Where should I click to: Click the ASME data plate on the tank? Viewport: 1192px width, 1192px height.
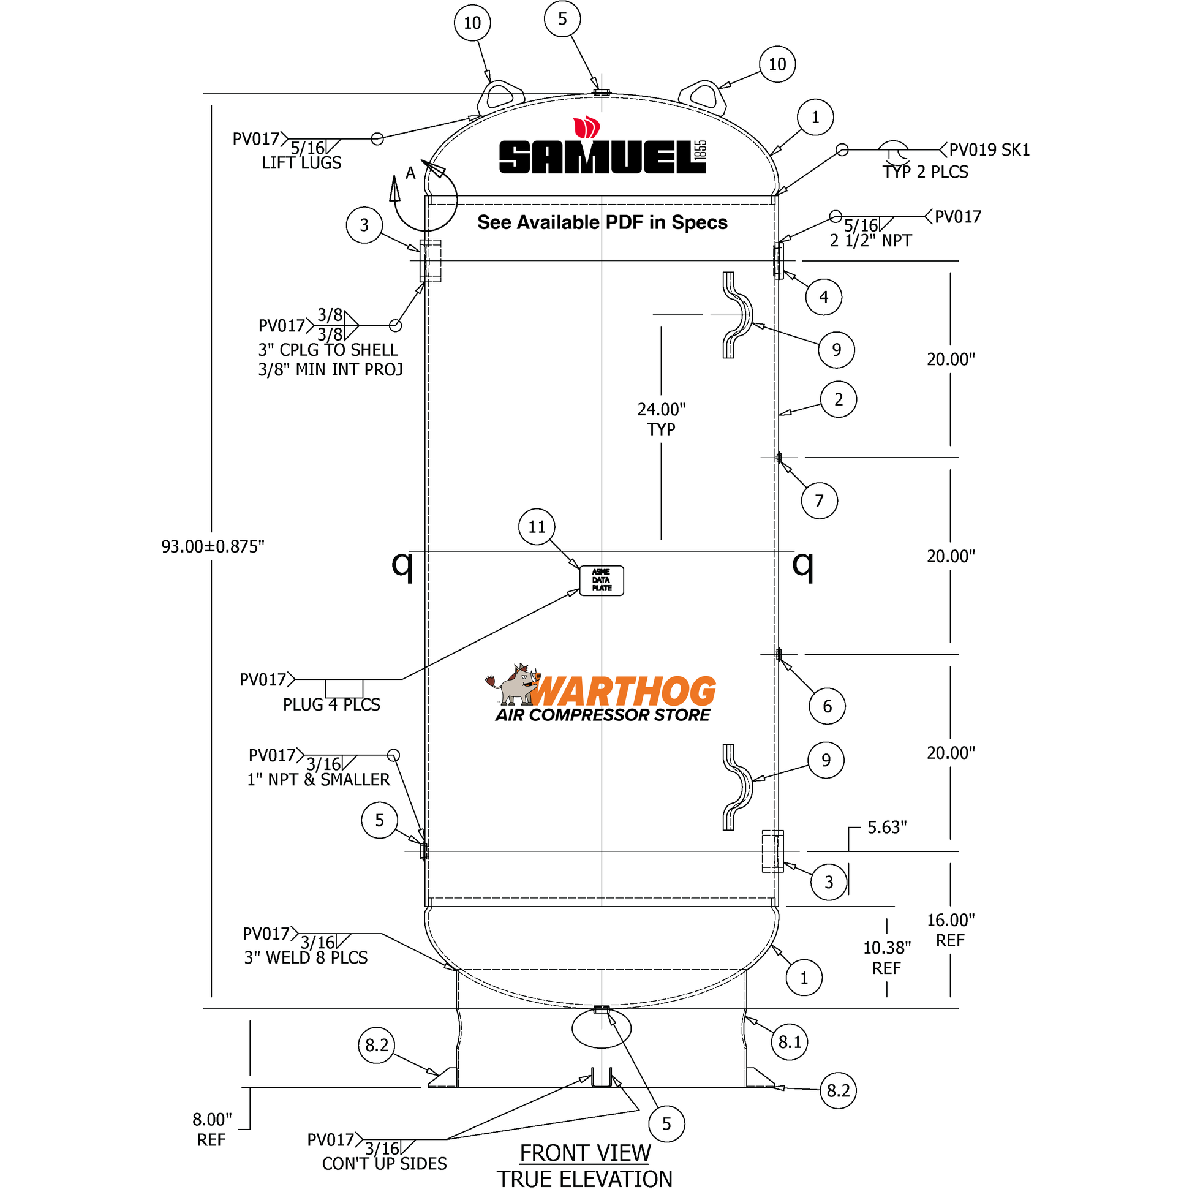click(x=601, y=581)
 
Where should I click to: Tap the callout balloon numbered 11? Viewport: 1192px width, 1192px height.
click(x=536, y=527)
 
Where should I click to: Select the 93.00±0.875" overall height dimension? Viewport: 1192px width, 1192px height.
click(x=212, y=546)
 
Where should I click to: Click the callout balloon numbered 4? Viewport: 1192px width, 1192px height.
click(x=823, y=297)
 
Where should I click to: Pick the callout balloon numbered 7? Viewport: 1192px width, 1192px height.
click(x=819, y=500)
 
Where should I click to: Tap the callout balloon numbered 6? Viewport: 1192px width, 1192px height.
click(x=827, y=706)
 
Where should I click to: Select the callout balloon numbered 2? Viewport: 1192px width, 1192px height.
click(x=838, y=400)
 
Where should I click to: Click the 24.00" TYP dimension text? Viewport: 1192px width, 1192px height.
click(x=661, y=419)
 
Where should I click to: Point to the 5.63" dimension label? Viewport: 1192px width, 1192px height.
click(x=886, y=828)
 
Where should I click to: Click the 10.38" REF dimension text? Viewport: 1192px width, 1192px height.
click(x=886, y=957)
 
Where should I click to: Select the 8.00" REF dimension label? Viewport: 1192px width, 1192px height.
click(x=211, y=1129)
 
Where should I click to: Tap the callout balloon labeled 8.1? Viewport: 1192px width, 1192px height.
click(x=789, y=1042)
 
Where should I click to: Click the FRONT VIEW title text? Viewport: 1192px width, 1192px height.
click(x=584, y=1153)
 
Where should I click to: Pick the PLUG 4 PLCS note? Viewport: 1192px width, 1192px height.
click(x=331, y=704)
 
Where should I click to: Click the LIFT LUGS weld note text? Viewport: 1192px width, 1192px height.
click(x=301, y=163)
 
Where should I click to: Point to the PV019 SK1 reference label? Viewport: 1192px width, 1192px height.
click(x=989, y=150)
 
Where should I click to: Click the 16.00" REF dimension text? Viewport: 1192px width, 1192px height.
click(x=950, y=930)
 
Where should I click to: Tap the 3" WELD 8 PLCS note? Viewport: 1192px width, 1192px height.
click(x=306, y=957)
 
